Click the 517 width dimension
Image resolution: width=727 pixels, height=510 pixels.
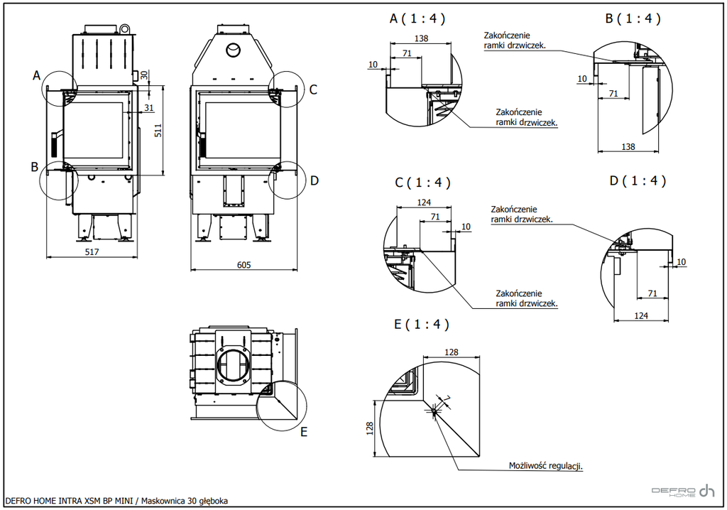(x=92, y=252)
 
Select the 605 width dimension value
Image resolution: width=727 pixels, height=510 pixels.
(x=244, y=265)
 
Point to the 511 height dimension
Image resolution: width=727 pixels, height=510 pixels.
(x=158, y=130)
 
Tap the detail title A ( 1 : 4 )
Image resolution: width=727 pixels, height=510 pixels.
(x=417, y=18)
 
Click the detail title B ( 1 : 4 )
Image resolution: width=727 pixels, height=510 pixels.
(x=633, y=18)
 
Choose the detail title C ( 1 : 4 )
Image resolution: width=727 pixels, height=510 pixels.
(x=422, y=183)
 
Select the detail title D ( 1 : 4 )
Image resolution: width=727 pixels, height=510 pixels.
(x=638, y=180)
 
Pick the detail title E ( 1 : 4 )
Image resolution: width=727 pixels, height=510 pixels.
(x=422, y=324)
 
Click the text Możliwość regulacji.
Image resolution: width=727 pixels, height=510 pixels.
(x=546, y=465)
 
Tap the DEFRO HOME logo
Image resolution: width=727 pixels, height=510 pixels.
(x=683, y=491)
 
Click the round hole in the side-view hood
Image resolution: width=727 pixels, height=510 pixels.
(x=233, y=50)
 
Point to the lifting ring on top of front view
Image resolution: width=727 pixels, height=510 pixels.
(x=124, y=28)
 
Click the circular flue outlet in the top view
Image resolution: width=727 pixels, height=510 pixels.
(x=233, y=364)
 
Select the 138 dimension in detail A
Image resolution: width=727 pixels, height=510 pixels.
(x=421, y=38)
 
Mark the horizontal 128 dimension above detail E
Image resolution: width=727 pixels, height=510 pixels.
(x=451, y=352)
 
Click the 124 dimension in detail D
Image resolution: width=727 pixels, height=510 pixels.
(x=641, y=315)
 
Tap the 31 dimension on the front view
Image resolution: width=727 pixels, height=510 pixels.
(x=149, y=108)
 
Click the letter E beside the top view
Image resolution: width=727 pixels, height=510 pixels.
(x=304, y=432)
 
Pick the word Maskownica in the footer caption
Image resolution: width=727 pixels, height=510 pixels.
(x=163, y=501)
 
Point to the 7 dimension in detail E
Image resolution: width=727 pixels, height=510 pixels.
(x=447, y=398)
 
